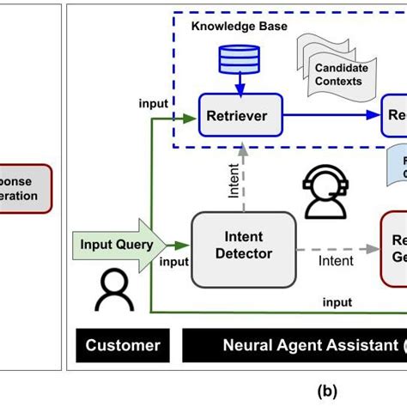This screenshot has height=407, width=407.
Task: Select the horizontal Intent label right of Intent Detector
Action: pos(337,259)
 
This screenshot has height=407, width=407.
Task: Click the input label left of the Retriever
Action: pos(153,104)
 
